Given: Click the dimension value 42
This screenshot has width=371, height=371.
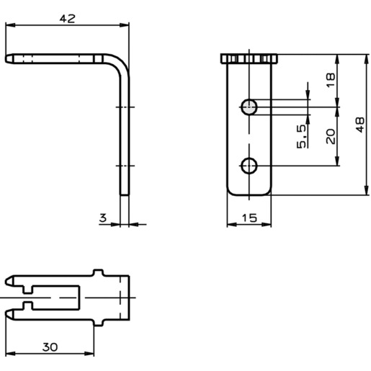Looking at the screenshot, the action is point(67,19).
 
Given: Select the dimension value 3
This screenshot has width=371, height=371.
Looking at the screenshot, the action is point(103,218).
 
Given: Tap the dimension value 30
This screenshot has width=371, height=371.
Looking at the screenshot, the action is point(50,347).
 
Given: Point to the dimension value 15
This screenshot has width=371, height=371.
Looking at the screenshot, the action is point(249,218).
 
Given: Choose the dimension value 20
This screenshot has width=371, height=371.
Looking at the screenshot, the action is point(331,136).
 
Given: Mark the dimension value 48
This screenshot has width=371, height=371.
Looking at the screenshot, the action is point(360,125).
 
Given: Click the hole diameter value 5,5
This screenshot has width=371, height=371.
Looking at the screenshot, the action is point(302,136).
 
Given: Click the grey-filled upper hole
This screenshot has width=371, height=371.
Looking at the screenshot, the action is point(249,107).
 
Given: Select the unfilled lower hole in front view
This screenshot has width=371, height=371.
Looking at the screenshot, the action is point(249,166).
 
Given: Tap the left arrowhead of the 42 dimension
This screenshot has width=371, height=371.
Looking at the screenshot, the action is point(10,25).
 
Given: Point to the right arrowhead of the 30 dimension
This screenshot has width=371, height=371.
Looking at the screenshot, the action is point(89,354).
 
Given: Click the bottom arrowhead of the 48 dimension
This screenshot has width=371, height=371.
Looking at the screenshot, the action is point(367,190).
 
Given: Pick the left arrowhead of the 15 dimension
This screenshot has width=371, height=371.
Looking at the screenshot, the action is point(232,225).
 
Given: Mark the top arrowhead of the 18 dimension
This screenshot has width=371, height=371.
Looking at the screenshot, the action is point(337,60).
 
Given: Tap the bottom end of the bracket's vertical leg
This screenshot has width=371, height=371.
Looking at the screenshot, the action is point(125,195).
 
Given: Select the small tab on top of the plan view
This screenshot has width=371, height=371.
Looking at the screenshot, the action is point(98,272).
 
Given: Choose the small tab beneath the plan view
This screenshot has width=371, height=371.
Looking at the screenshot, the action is point(98,323).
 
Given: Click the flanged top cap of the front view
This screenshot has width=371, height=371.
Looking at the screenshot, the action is point(249,59).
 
